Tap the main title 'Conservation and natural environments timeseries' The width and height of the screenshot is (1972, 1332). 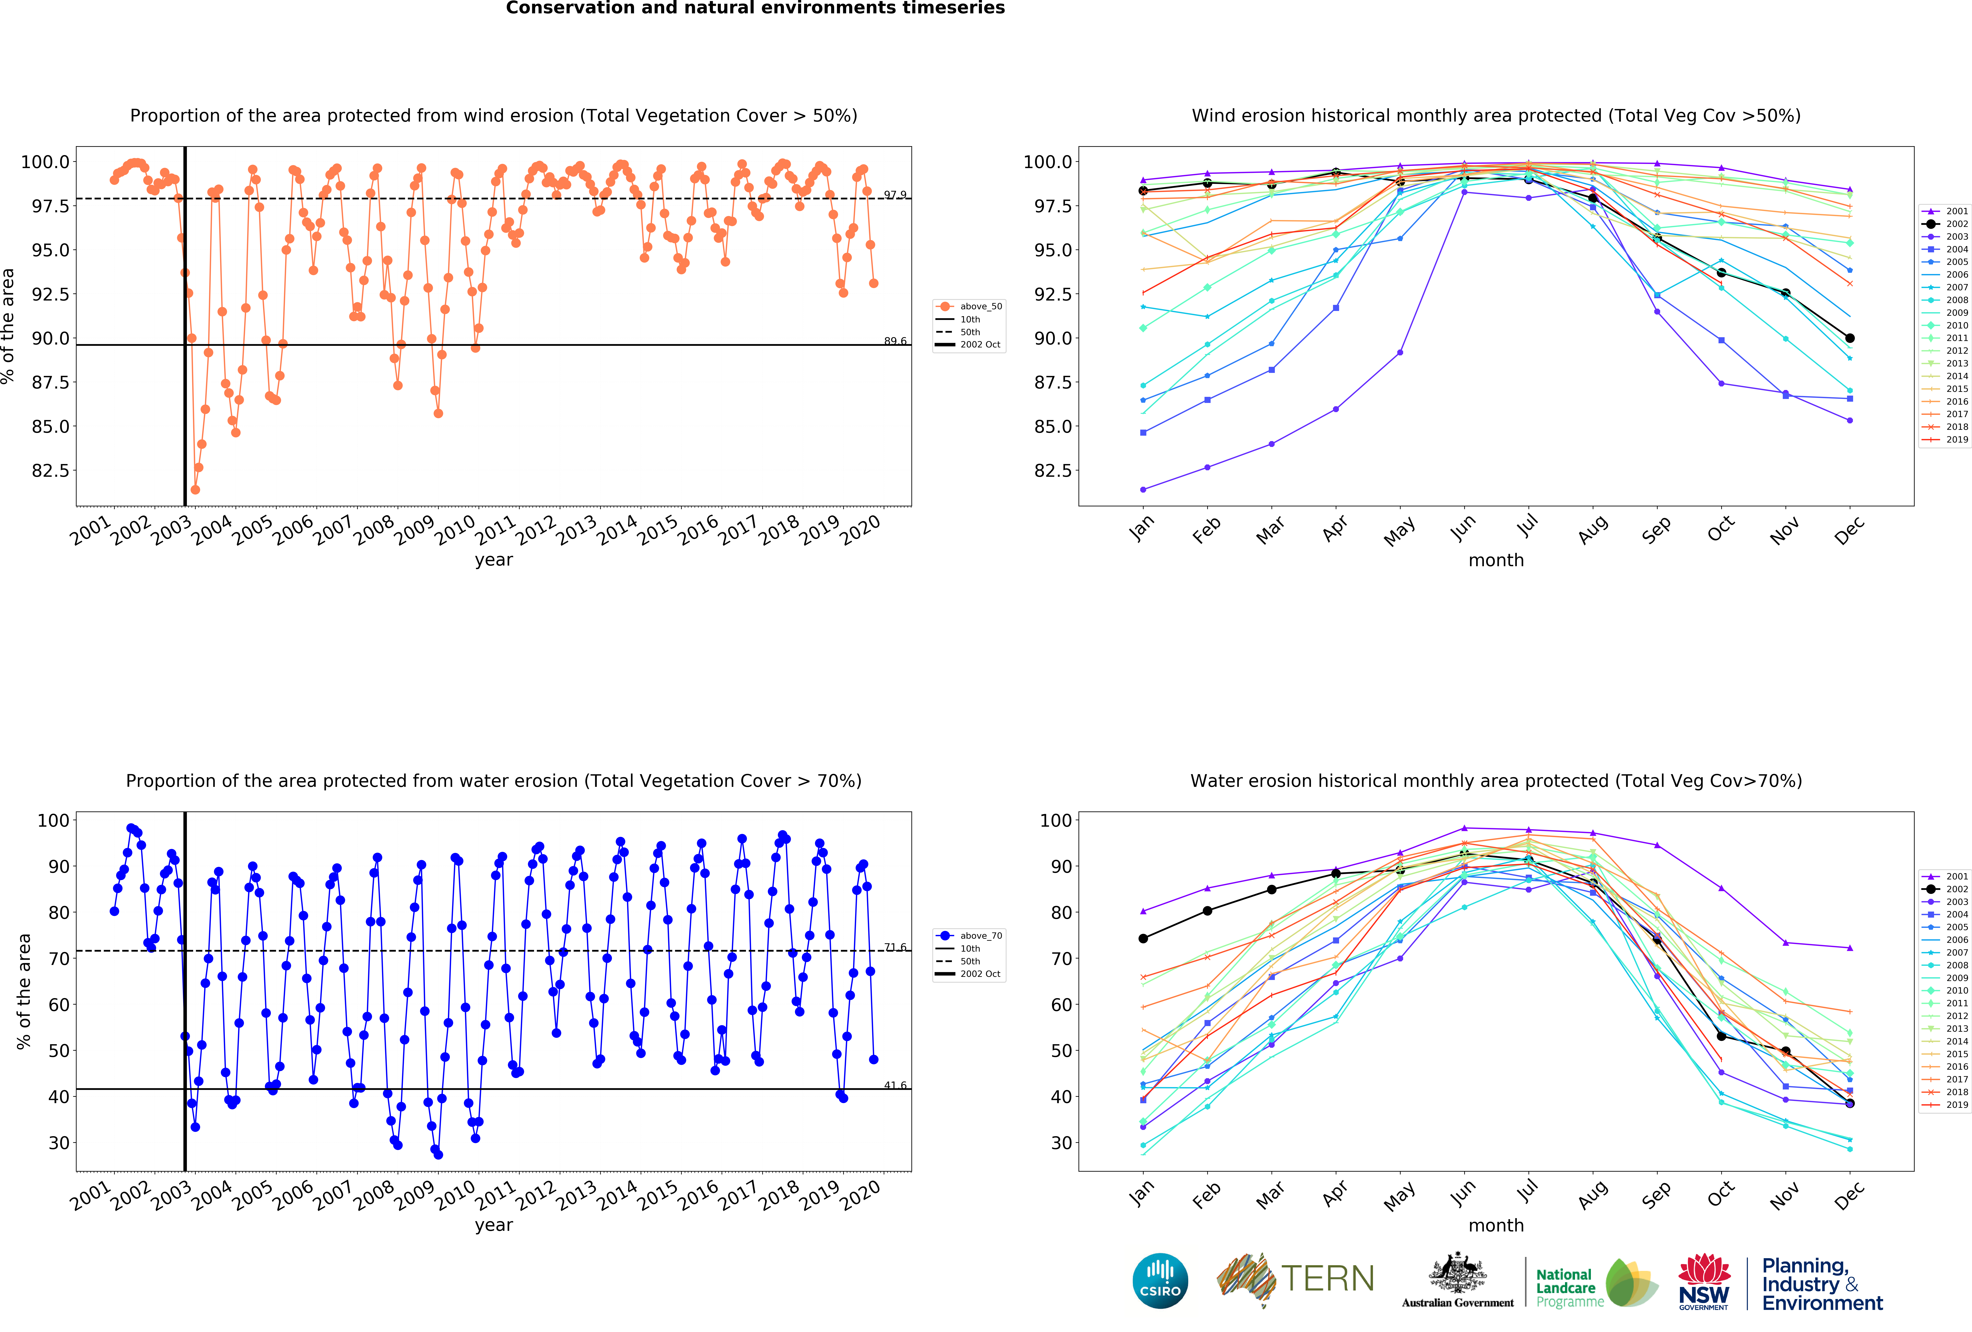(755, 9)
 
